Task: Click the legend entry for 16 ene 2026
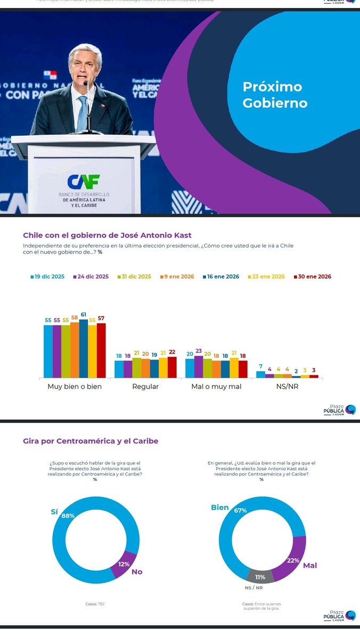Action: coord(220,277)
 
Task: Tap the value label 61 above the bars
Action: coord(84,315)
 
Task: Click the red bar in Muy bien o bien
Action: coord(101,350)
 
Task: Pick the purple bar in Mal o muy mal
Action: coord(199,367)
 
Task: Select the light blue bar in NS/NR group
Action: coord(260,374)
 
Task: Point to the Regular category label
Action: coord(145,387)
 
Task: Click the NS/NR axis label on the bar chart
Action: coord(287,387)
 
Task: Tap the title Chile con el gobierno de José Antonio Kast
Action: coord(107,235)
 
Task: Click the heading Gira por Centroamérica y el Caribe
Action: coord(91,441)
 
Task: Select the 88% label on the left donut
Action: coord(68,515)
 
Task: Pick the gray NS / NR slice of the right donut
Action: coord(260,576)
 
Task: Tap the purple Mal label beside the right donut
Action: coord(310,566)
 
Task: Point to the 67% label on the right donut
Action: coord(240,510)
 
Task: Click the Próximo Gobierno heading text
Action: coord(275,95)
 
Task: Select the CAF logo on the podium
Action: coord(84,182)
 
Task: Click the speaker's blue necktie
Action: coord(82,113)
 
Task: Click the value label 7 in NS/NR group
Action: coord(260,366)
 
